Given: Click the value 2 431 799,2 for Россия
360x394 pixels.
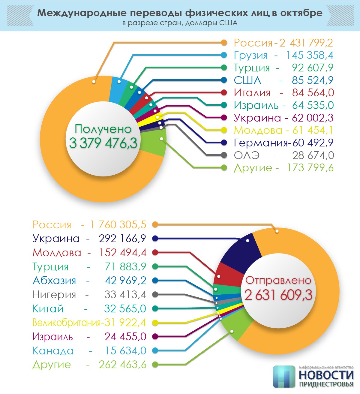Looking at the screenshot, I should click(306, 43).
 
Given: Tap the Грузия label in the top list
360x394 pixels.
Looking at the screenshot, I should click(251, 56).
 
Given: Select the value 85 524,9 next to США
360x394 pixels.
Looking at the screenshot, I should click(313, 80).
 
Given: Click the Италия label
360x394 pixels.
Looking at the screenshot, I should click(252, 93).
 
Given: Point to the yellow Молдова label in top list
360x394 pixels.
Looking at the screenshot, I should click(258, 130).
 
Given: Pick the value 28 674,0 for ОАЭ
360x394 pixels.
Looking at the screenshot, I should click(313, 155).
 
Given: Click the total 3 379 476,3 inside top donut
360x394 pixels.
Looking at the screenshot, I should click(103, 143).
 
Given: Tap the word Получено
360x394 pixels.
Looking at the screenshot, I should click(103, 129).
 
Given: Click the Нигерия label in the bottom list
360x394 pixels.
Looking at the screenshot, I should click(54, 295).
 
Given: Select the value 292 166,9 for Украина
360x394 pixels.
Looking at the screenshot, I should click(122, 239).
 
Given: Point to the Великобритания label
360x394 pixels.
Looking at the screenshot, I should click(66, 323).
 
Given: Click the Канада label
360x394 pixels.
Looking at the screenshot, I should click(53, 351).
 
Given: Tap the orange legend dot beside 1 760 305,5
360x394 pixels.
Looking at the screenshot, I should click(155, 224).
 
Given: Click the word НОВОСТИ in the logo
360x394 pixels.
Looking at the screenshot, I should click(326, 375).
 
